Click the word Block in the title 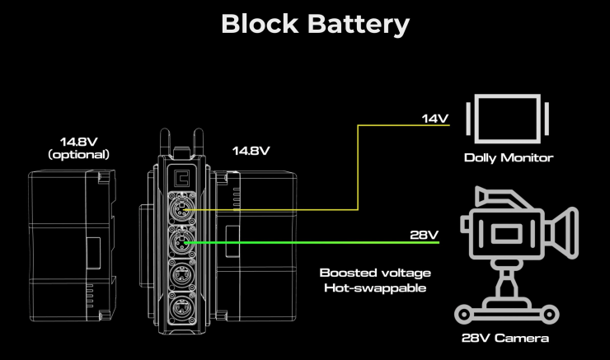click(x=260, y=24)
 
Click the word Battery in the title click(x=359, y=25)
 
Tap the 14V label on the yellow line click(x=435, y=118)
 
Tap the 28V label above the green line click(x=424, y=235)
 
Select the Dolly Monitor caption click(x=509, y=158)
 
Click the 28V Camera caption click(x=505, y=338)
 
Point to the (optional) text click(x=78, y=155)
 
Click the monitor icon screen click(x=508, y=119)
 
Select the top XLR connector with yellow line click(x=181, y=209)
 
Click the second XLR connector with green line click(x=181, y=242)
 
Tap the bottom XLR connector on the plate click(x=181, y=309)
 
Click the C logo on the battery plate click(x=182, y=178)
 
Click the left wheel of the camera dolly click(x=464, y=314)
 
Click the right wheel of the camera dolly click(x=549, y=314)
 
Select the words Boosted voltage click(x=375, y=274)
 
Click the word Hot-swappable click(x=375, y=288)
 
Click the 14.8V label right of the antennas click(x=251, y=151)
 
